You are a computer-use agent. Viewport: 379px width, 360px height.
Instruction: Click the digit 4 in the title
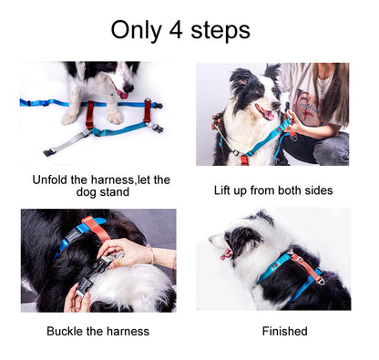point(176,30)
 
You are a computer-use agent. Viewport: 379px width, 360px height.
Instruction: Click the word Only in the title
point(137,31)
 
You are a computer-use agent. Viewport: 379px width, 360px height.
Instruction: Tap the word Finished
point(284,331)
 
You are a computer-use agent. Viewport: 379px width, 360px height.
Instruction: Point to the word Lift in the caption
point(221,190)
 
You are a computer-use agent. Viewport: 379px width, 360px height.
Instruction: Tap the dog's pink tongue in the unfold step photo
point(122,94)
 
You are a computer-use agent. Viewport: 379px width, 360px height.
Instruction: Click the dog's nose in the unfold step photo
point(128,87)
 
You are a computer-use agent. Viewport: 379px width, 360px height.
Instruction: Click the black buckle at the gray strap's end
point(49,152)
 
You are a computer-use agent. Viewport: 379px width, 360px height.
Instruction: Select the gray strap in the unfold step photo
point(68,141)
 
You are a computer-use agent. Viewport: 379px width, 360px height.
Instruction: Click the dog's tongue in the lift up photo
point(267,115)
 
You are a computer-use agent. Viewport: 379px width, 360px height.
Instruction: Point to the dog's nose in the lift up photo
point(276,106)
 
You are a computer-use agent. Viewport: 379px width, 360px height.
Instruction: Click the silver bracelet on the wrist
point(151,254)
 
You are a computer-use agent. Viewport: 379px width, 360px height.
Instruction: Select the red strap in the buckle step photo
point(97,229)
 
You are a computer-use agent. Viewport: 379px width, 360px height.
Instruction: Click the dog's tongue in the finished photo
point(226,254)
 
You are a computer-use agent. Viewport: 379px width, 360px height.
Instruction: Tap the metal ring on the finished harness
point(320,281)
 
